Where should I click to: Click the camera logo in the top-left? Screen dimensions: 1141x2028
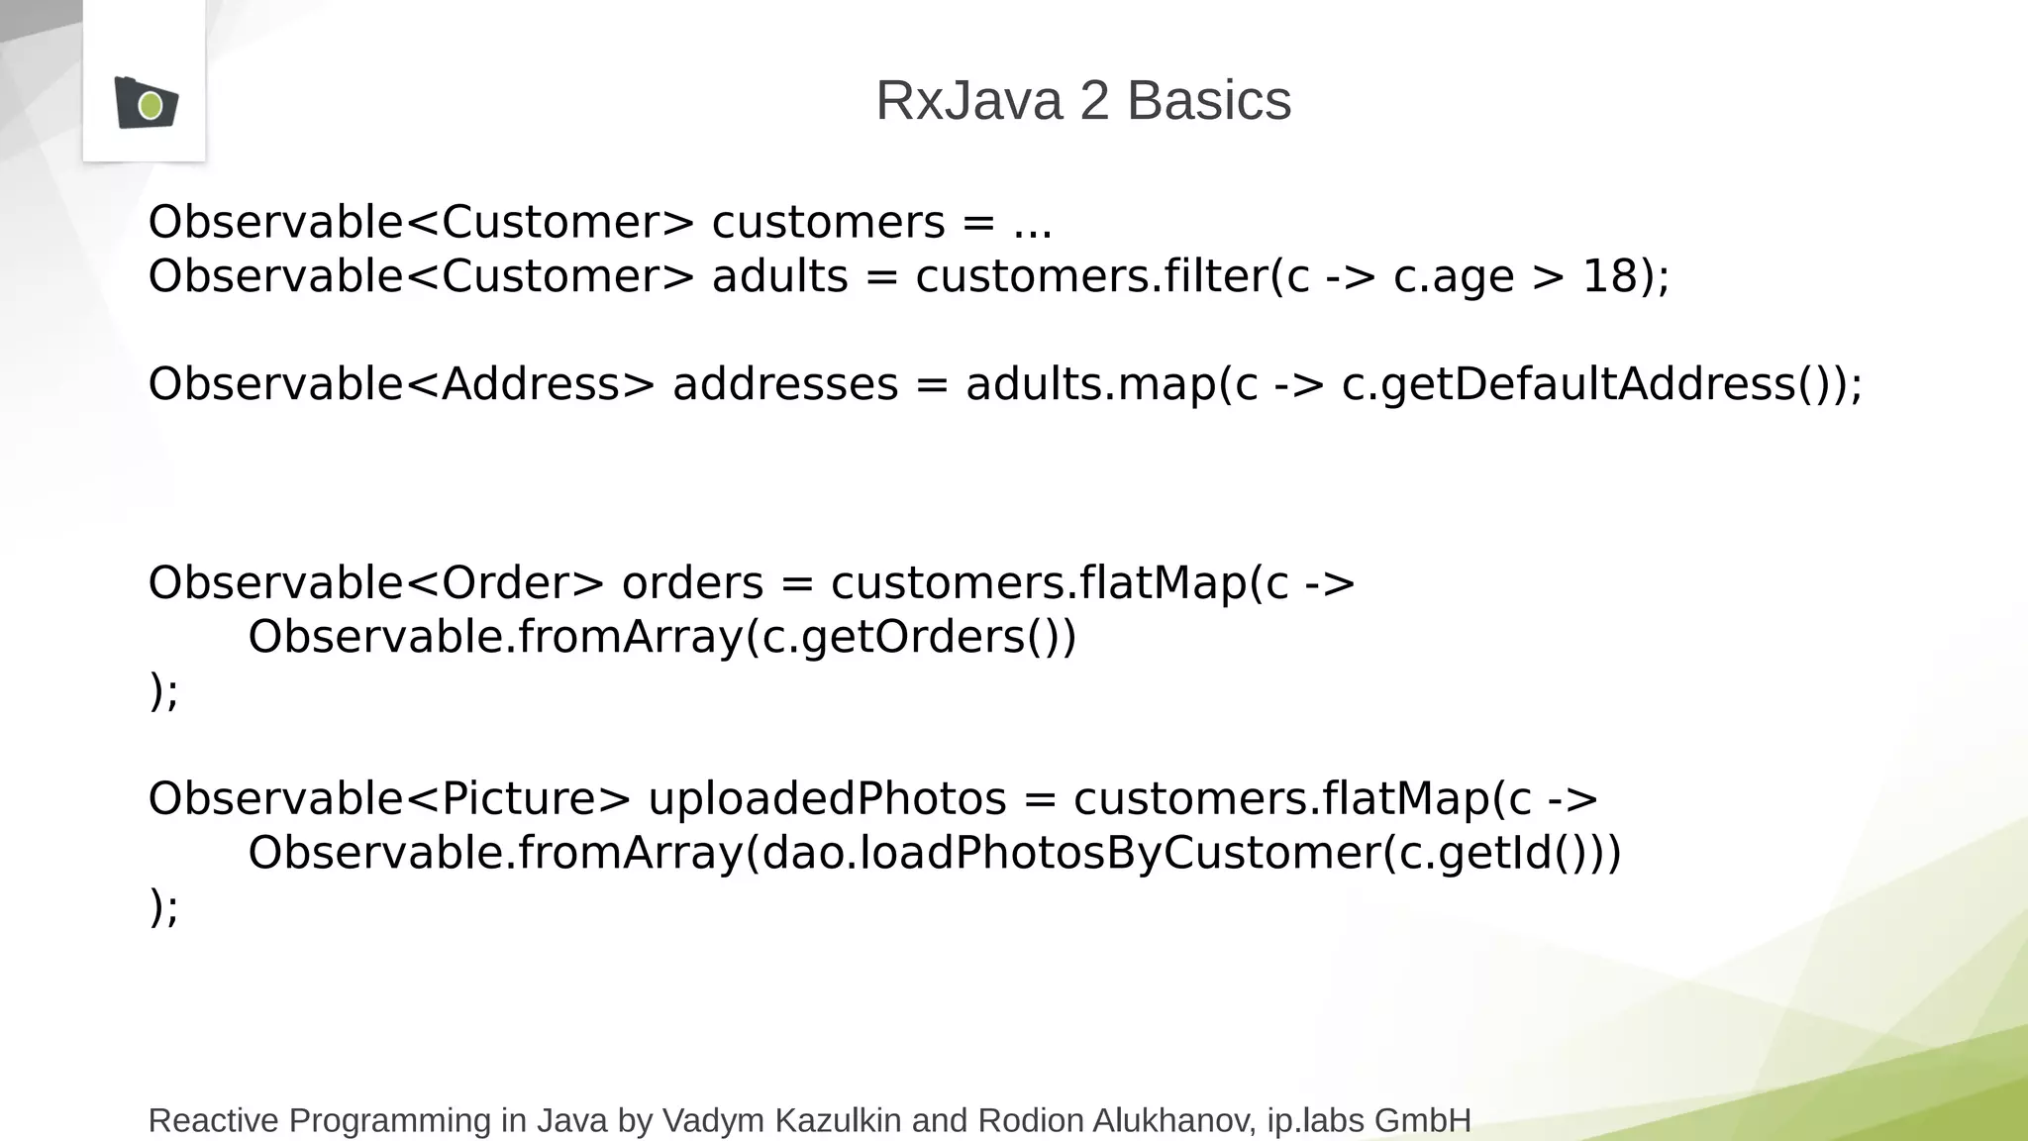[146, 102]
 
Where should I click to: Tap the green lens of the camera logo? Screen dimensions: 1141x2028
[151, 105]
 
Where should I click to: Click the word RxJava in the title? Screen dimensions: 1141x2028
[968, 101]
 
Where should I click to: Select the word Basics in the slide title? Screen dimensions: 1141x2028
[1209, 101]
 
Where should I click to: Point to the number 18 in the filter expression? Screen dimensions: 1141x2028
[1610, 276]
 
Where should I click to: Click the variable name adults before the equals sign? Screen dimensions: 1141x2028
[779, 276]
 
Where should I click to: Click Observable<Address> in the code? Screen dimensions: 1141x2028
[401, 384]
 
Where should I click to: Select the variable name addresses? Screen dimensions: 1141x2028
[785, 384]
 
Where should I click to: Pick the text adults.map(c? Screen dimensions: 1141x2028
[1098, 384]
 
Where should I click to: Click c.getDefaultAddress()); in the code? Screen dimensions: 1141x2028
[1602, 384]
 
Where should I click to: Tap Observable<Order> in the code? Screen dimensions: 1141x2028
[375, 582]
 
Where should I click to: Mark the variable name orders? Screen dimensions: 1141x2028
[692, 582]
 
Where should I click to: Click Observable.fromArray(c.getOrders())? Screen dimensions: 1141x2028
[661, 637]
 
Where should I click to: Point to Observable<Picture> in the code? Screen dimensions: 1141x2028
[388, 798]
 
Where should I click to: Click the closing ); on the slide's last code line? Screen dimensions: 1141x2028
[164, 906]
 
